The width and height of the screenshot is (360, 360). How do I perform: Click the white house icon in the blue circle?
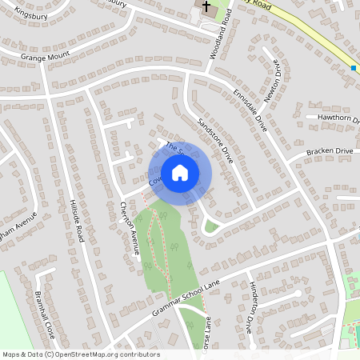pyautogui.click(x=179, y=172)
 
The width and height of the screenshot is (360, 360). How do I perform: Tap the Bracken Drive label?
pyautogui.click(x=331, y=151)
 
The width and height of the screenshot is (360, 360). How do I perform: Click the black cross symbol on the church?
pyautogui.click(x=207, y=8)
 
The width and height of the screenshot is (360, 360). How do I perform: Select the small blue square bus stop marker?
pyautogui.click(x=353, y=68)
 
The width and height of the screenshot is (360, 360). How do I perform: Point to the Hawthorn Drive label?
pyautogui.click(x=339, y=118)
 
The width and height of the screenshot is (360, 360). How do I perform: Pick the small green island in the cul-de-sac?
pyautogui.click(x=211, y=226)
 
